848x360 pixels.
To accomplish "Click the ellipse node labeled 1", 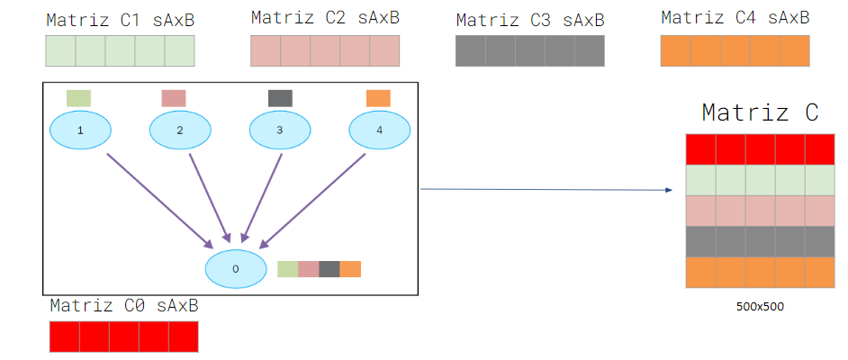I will [80, 130].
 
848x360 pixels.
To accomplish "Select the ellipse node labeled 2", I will [180, 130].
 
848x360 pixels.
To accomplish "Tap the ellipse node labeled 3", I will [280, 130].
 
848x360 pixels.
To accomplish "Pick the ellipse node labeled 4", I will [379, 130].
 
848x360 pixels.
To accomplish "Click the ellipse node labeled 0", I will [236, 268].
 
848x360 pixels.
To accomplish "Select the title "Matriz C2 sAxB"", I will [325, 17].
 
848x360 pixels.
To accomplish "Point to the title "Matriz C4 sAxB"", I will [735, 17].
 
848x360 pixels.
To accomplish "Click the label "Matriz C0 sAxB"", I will [124, 306].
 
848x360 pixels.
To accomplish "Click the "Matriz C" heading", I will [760, 112].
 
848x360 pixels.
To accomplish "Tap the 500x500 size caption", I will [760, 306].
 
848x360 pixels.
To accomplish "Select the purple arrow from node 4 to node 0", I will [313, 199].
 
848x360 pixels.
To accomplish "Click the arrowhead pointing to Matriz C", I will [669, 191].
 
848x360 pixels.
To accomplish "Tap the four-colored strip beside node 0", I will [320, 269].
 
